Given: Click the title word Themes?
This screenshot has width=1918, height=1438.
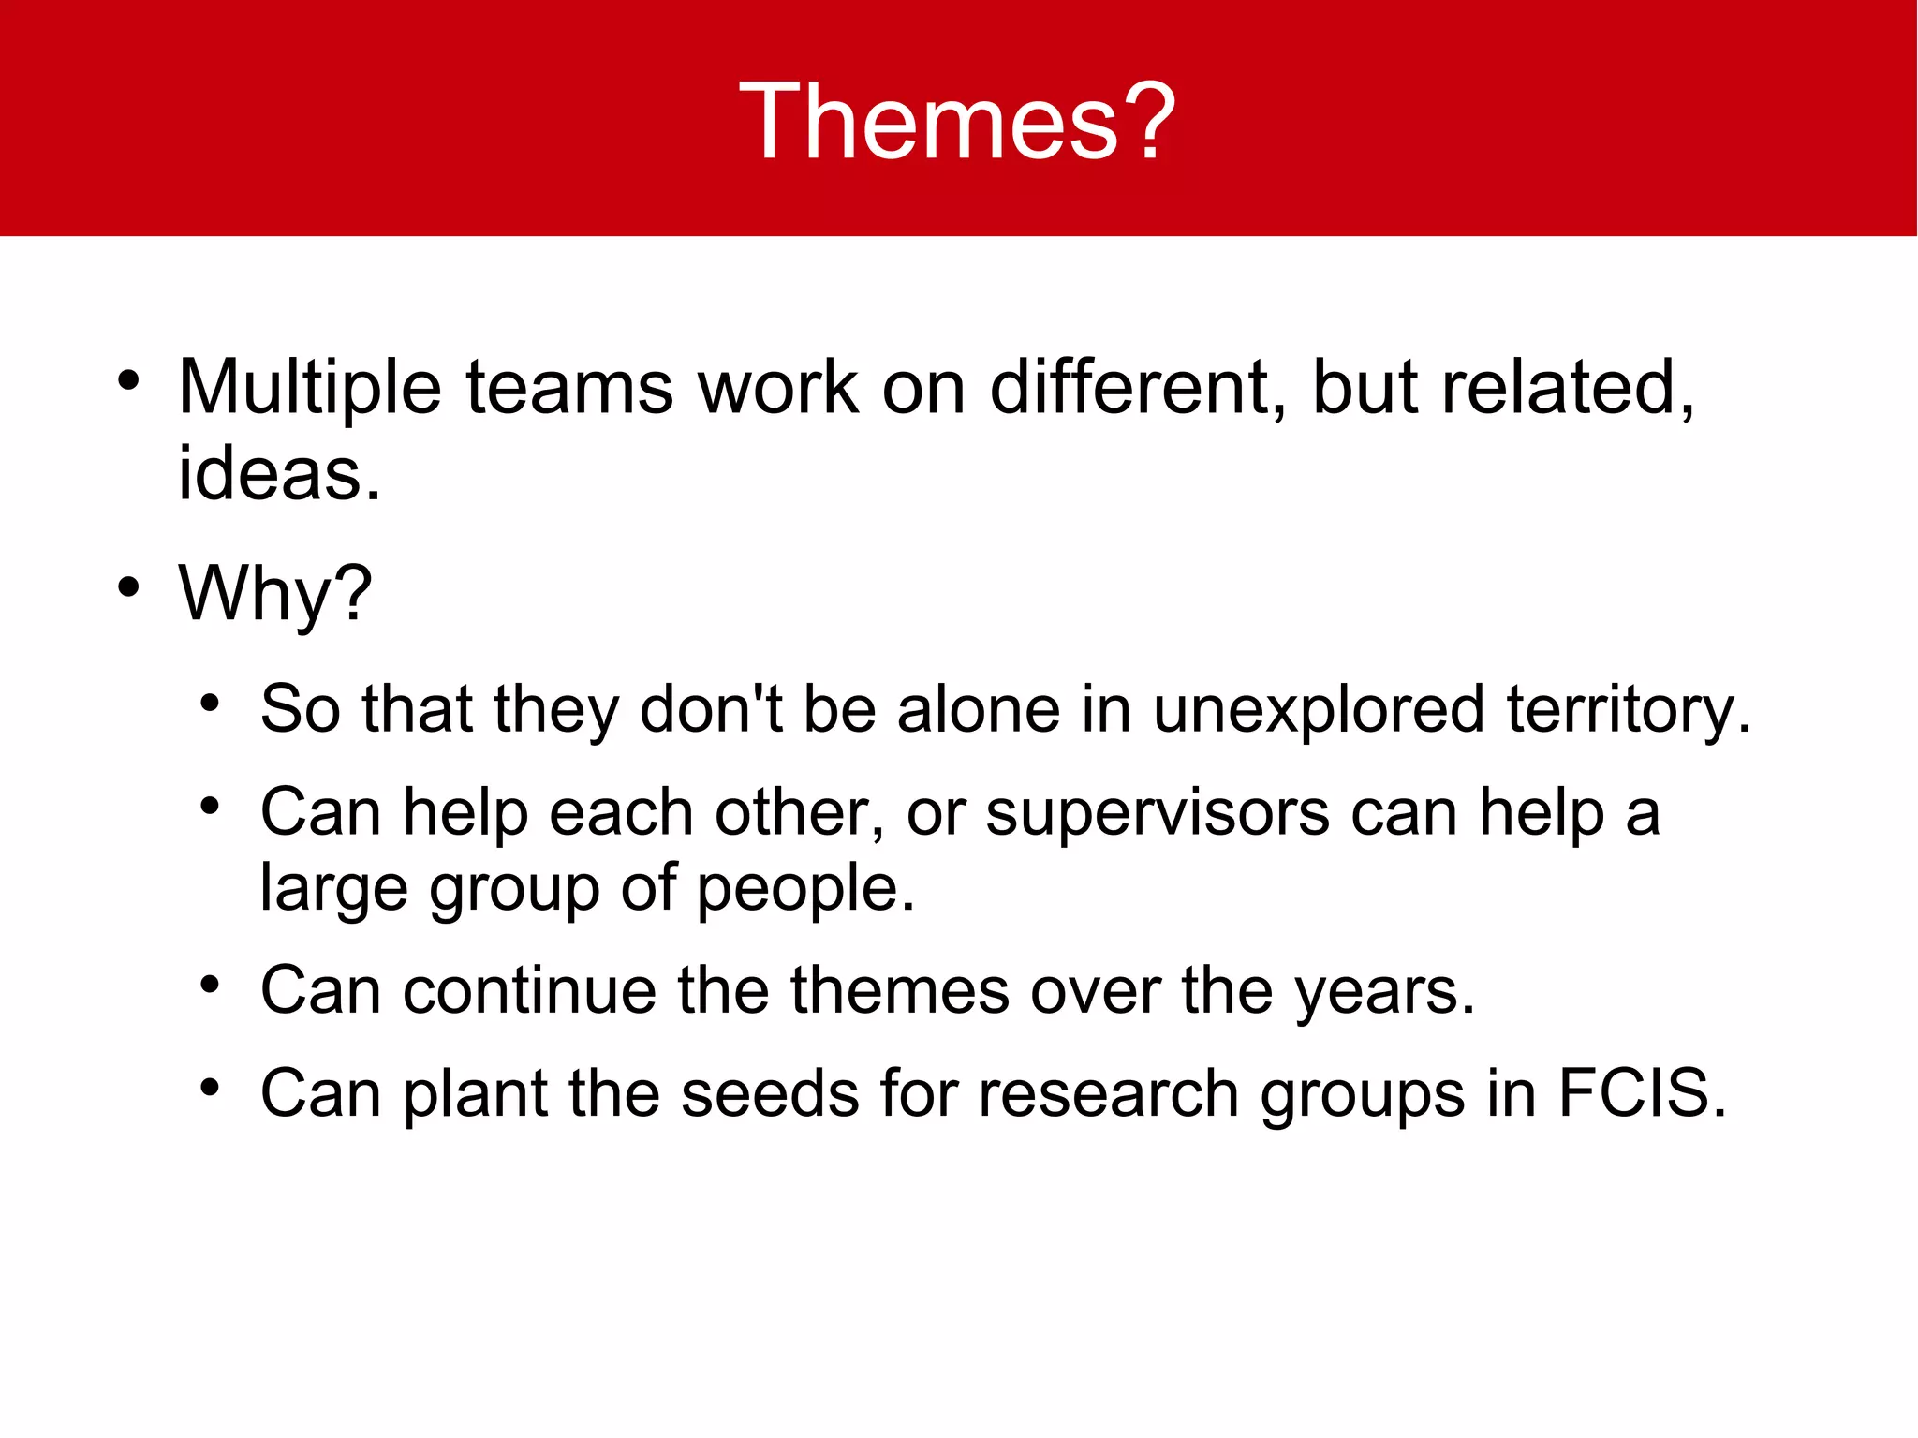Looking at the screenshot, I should pyautogui.click(x=957, y=122).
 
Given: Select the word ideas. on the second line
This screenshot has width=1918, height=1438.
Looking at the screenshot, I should pyautogui.click(x=279, y=474).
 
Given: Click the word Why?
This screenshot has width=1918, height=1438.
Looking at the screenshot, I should pyautogui.click(x=275, y=594).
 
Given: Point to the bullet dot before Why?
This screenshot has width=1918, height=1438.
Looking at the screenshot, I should pyautogui.click(x=128, y=587).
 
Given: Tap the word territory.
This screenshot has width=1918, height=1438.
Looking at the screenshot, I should pyautogui.click(x=1629, y=709).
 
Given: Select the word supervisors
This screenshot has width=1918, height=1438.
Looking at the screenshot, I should pyautogui.click(x=1158, y=812).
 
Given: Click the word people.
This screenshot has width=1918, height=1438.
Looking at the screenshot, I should pyautogui.click(x=804, y=888).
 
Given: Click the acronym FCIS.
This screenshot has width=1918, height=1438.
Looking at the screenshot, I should pyautogui.click(x=1641, y=1093).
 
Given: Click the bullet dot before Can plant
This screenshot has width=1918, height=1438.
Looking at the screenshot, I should pyautogui.click(x=210, y=1088).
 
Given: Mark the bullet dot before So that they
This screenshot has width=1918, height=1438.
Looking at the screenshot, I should pyautogui.click(x=210, y=703).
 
